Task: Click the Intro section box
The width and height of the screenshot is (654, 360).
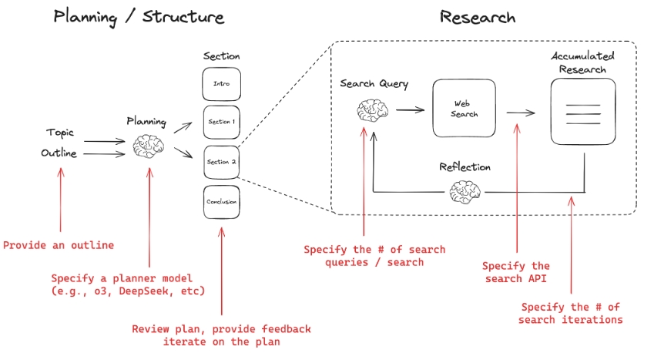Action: tap(221, 84)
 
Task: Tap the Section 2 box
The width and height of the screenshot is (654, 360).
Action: tap(221, 162)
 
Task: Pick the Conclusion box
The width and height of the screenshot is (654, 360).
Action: tap(221, 202)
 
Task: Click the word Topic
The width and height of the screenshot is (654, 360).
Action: tap(59, 133)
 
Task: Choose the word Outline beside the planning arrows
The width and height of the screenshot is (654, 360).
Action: tap(59, 153)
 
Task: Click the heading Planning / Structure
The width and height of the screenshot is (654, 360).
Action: tap(139, 17)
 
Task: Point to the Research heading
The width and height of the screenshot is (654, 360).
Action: tap(477, 17)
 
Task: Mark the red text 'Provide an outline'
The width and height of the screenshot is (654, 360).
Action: tap(59, 245)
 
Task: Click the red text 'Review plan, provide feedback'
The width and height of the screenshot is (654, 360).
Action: tap(221, 329)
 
